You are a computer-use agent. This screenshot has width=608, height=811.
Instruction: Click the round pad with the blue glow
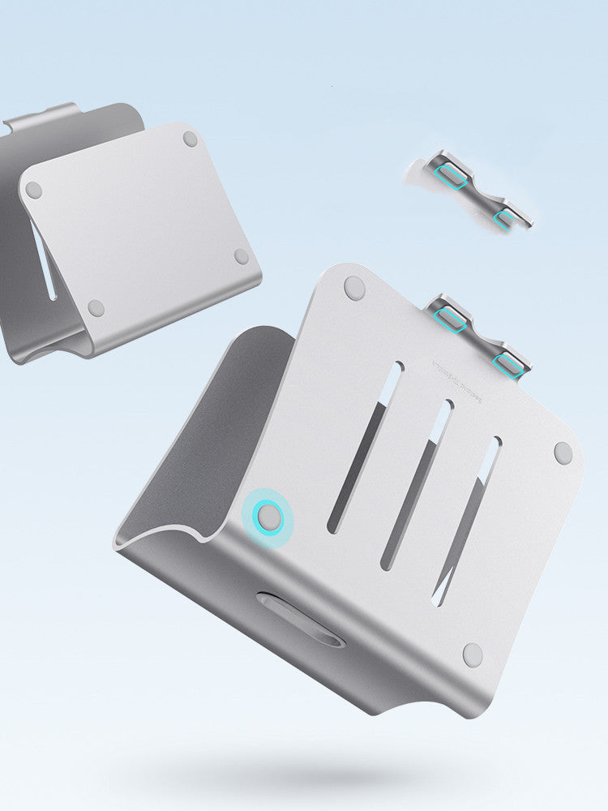(268, 516)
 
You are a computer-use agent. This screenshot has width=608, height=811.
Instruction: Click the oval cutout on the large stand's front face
(300, 618)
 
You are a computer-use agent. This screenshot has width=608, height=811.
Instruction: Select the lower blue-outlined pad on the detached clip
(504, 217)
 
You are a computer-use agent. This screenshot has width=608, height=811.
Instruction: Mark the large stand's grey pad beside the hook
(354, 286)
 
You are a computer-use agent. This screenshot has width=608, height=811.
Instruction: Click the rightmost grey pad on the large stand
(563, 453)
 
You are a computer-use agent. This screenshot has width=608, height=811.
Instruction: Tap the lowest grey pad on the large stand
(473, 653)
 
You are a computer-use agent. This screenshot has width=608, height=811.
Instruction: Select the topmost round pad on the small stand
(190, 139)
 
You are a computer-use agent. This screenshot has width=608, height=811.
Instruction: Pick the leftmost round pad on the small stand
(33, 191)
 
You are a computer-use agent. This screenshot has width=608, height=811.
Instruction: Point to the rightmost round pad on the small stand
(241, 256)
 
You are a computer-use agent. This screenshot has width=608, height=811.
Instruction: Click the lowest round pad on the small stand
(96, 308)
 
